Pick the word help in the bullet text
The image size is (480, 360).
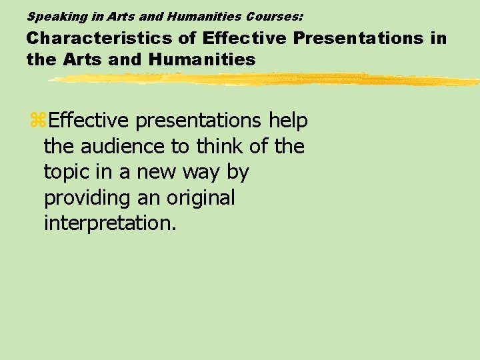[288, 121]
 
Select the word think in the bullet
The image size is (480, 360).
[219, 147]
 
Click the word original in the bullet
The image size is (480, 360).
[201, 198]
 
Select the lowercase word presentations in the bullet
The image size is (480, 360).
[199, 121]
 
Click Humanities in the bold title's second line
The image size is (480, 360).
[202, 59]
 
